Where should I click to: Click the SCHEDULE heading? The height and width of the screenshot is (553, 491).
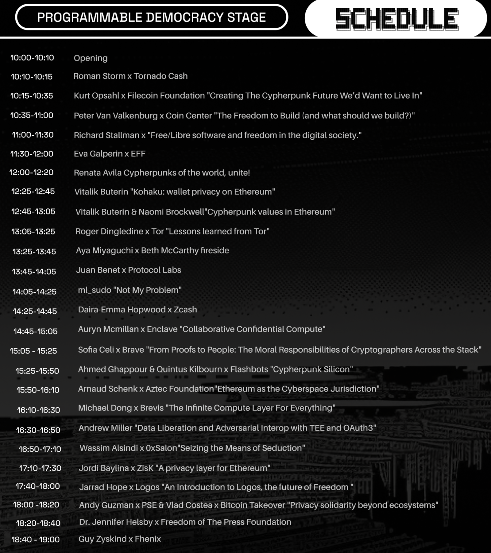click(x=397, y=19)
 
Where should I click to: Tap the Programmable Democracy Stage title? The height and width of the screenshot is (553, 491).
click(x=151, y=17)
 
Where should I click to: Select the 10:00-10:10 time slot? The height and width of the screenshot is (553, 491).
click(x=32, y=58)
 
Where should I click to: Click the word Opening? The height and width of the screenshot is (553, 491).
click(x=91, y=58)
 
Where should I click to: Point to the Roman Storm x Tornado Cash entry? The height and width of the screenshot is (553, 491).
click(x=130, y=76)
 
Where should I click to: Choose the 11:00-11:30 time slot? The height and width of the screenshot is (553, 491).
click(x=33, y=135)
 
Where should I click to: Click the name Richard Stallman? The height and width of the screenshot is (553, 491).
click(x=106, y=135)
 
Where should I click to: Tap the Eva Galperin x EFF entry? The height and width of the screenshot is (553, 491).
click(x=110, y=154)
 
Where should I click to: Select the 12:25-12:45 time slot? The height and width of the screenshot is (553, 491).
click(x=33, y=191)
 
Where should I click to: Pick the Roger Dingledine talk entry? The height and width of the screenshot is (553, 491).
click(x=172, y=231)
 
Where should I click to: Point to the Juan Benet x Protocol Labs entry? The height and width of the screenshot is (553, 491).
click(x=129, y=270)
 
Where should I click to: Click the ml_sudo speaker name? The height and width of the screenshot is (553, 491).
click(x=95, y=290)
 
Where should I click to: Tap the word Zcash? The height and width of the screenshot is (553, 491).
click(x=185, y=310)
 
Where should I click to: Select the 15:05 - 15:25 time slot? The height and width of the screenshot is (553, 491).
click(x=33, y=351)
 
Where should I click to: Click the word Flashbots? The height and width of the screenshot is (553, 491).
click(x=249, y=369)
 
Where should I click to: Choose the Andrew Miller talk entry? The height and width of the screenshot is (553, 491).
click(x=227, y=428)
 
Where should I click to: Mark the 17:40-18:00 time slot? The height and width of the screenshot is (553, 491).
click(x=38, y=486)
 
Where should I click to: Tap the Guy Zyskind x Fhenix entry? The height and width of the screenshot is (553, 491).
click(x=120, y=539)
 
